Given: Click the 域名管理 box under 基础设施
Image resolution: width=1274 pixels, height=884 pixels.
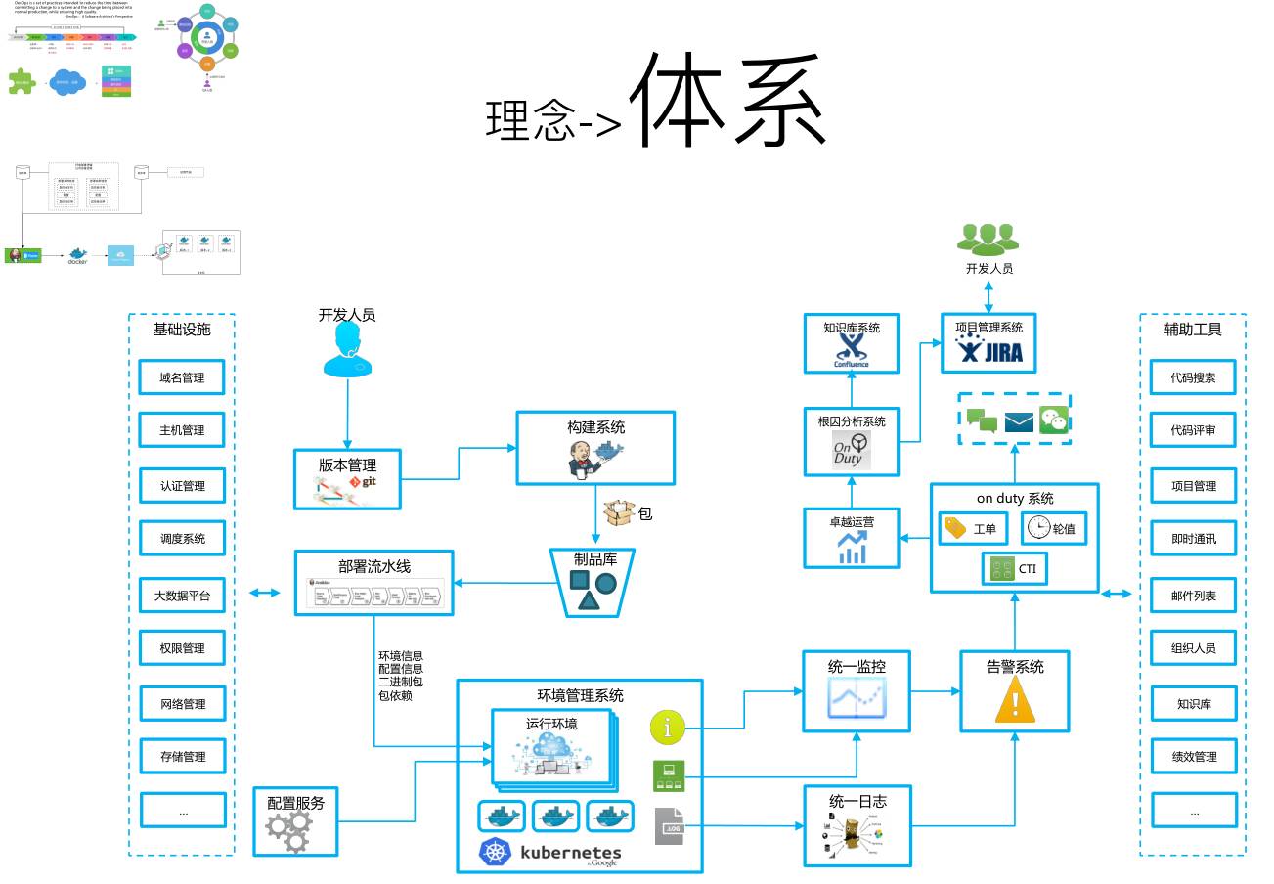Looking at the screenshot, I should click(x=183, y=377).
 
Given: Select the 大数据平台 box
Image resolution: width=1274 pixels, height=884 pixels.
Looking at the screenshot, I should click(x=183, y=595).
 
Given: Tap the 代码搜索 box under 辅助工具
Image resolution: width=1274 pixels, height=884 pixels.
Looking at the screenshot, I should click(x=1194, y=377).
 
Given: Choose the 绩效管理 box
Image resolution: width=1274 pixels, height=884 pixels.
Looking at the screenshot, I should click(x=1194, y=756).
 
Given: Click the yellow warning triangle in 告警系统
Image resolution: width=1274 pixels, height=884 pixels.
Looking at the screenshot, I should click(x=1015, y=701).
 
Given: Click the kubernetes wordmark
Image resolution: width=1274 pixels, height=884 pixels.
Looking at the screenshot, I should click(x=571, y=852).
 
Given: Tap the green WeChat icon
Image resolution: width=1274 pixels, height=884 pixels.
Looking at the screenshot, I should click(x=1054, y=420).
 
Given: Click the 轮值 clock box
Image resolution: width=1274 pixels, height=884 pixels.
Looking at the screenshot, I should click(x=1053, y=529).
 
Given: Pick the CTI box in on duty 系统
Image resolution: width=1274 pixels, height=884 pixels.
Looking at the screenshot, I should click(x=1014, y=569).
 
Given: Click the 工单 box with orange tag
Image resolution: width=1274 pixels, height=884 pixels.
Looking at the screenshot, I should click(x=972, y=529).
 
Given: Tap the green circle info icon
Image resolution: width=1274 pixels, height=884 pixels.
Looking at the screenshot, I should click(x=668, y=729).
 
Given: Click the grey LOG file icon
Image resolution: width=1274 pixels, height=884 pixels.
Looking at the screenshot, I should click(x=670, y=826).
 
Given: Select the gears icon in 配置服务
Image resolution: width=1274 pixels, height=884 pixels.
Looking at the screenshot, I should click(x=289, y=830).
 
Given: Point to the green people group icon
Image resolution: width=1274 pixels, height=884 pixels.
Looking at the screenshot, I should click(x=988, y=239).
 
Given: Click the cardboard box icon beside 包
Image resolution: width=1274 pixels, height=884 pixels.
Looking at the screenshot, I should click(x=619, y=512).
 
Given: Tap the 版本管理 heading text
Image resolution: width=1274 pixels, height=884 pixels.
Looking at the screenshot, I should click(x=347, y=465).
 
